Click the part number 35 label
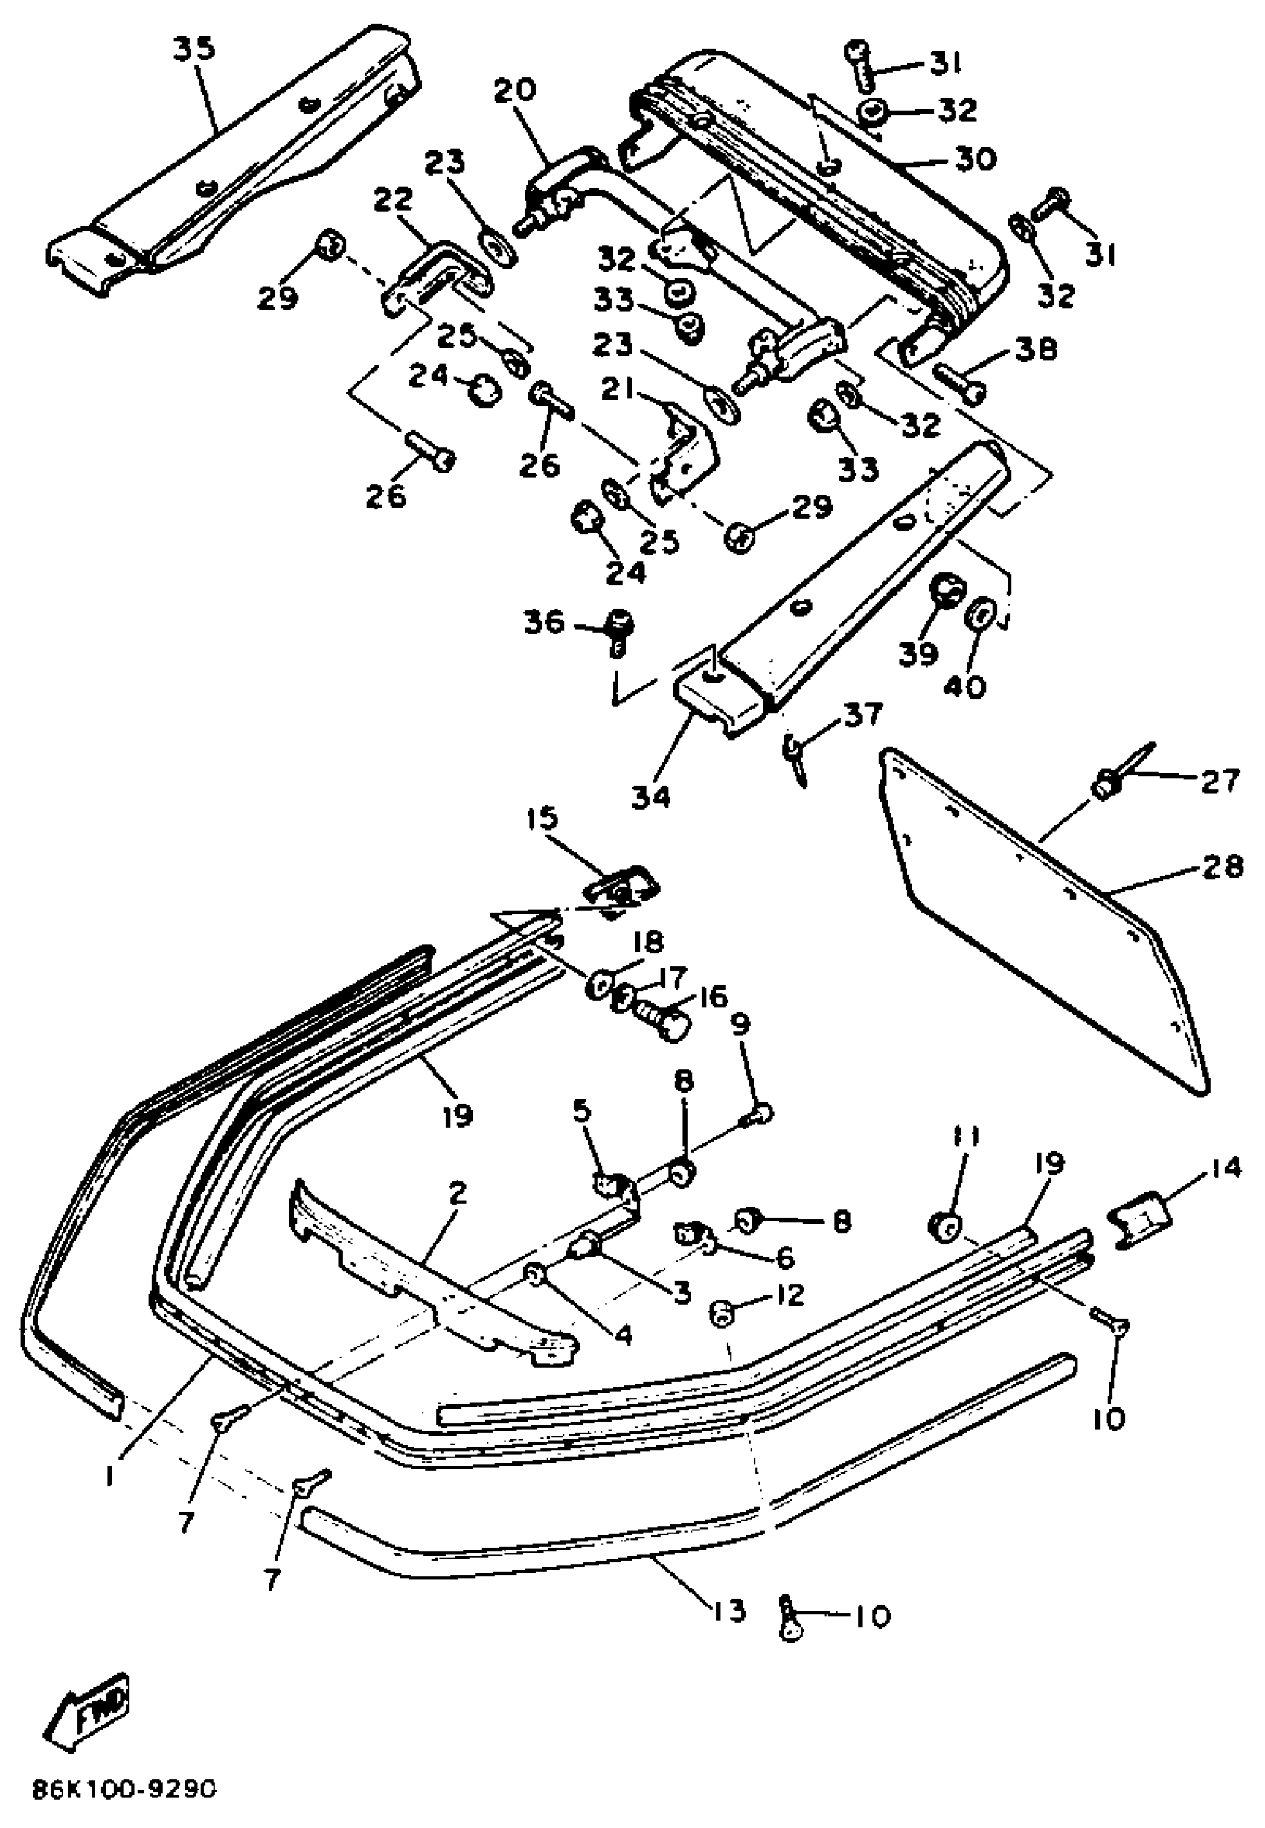pyautogui.click(x=194, y=49)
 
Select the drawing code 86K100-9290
pyautogui.click(x=124, y=1791)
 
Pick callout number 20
pyautogui.click(x=514, y=89)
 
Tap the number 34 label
pyautogui.click(x=650, y=796)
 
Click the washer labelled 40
pyautogui.click(x=981, y=615)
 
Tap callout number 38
pyautogui.click(x=1035, y=350)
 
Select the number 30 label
pyautogui.click(x=975, y=159)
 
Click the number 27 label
pyautogui.click(x=1219, y=782)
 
